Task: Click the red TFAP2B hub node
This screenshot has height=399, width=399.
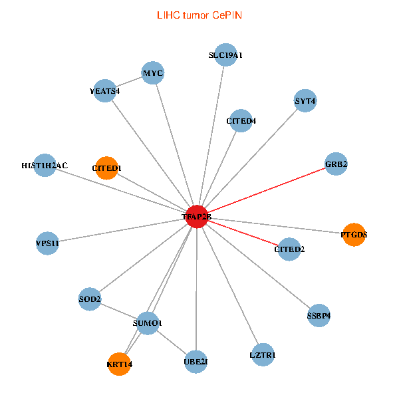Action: (x=197, y=217)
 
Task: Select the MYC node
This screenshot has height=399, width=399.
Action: (x=153, y=72)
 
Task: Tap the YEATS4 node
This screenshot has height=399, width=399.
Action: (x=105, y=90)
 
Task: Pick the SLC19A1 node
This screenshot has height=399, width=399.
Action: (x=225, y=55)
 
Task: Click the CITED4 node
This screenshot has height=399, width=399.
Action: (x=241, y=121)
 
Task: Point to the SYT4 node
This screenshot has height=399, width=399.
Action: (x=305, y=101)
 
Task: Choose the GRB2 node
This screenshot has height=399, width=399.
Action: (x=336, y=164)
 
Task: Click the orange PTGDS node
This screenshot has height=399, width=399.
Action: (x=354, y=234)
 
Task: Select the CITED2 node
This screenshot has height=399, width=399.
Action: (x=289, y=249)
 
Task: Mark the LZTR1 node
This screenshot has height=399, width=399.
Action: (x=263, y=355)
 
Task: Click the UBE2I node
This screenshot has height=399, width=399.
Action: (x=196, y=362)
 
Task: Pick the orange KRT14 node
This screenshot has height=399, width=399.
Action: (x=120, y=364)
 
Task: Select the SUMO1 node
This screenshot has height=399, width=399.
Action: (x=148, y=323)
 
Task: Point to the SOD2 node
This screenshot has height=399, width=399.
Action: (x=90, y=299)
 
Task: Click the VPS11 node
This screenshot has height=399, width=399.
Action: (x=48, y=243)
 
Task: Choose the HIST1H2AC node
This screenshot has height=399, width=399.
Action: (x=45, y=165)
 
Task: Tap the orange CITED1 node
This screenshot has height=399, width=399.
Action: (x=106, y=168)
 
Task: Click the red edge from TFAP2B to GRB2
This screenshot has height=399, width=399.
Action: (x=266, y=190)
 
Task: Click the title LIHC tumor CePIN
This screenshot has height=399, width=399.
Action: (x=199, y=15)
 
